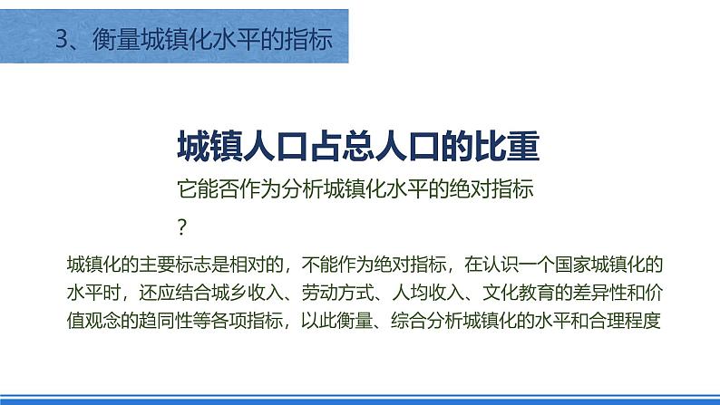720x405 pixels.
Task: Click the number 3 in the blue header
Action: tap(62, 39)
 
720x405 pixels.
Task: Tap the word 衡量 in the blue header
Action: tap(117, 39)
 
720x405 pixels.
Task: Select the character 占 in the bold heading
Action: tap(326, 146)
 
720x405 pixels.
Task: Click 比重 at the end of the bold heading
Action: tap(508, 146)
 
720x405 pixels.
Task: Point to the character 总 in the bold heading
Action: tap(358, 146)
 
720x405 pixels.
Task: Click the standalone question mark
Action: tap(182, 227)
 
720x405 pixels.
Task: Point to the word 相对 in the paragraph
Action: tap(247, 265)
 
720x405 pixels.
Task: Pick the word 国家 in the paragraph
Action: tap(572, 265)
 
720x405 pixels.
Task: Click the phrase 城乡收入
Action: tap(247, 293)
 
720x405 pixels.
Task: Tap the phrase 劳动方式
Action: tap(337, 293)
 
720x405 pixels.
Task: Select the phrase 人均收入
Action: tap(427, 293)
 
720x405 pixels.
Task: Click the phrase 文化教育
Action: tap(518, 293)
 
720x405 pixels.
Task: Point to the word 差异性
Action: tap(599, 293)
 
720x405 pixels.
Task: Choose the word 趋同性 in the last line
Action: tap(166, 321)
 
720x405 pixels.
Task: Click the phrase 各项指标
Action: tap(247, 321)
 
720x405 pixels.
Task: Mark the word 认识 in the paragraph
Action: tap(500, 265)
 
